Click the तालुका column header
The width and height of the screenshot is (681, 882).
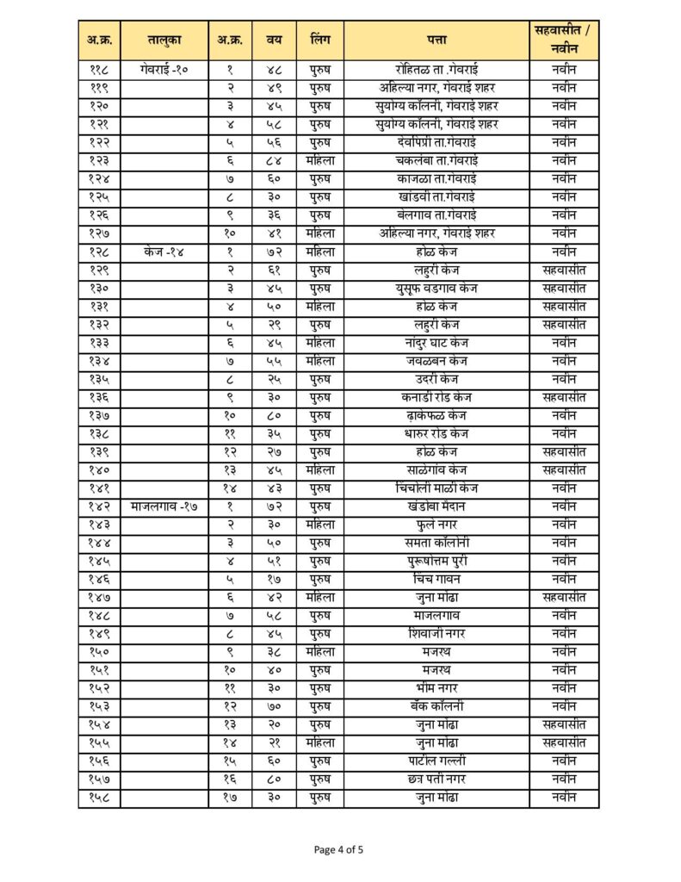(x=164, y=40)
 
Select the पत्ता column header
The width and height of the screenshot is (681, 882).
(x=436, y=40)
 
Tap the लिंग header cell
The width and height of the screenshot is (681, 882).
(x=320, y=40)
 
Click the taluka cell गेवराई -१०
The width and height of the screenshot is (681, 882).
(x=164, y=70)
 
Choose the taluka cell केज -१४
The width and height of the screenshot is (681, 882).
(x=164, y=252)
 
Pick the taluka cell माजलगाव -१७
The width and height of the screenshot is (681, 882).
(x=164, y=506)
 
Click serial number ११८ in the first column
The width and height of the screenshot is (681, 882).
(x=99, y=70)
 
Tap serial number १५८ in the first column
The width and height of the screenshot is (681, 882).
(x=99, y=798)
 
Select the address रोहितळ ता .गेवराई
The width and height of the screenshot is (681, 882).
(x=436, y=70)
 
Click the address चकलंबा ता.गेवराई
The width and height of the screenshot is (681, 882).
(x=436, y=160)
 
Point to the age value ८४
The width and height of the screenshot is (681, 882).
(x=275, y=160)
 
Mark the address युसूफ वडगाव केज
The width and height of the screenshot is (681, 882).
(x=436, y=288)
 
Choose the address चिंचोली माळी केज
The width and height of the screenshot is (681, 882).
(x=436, y=488)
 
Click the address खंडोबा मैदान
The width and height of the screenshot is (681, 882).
(x=436, y=506)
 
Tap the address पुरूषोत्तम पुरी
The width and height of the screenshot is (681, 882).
(x=436, y=561)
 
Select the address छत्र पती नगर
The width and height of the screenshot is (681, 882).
(x=436, y=780)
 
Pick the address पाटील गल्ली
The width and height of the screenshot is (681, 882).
(x=436, y=761)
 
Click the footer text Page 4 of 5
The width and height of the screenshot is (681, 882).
(x=339, y=850)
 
